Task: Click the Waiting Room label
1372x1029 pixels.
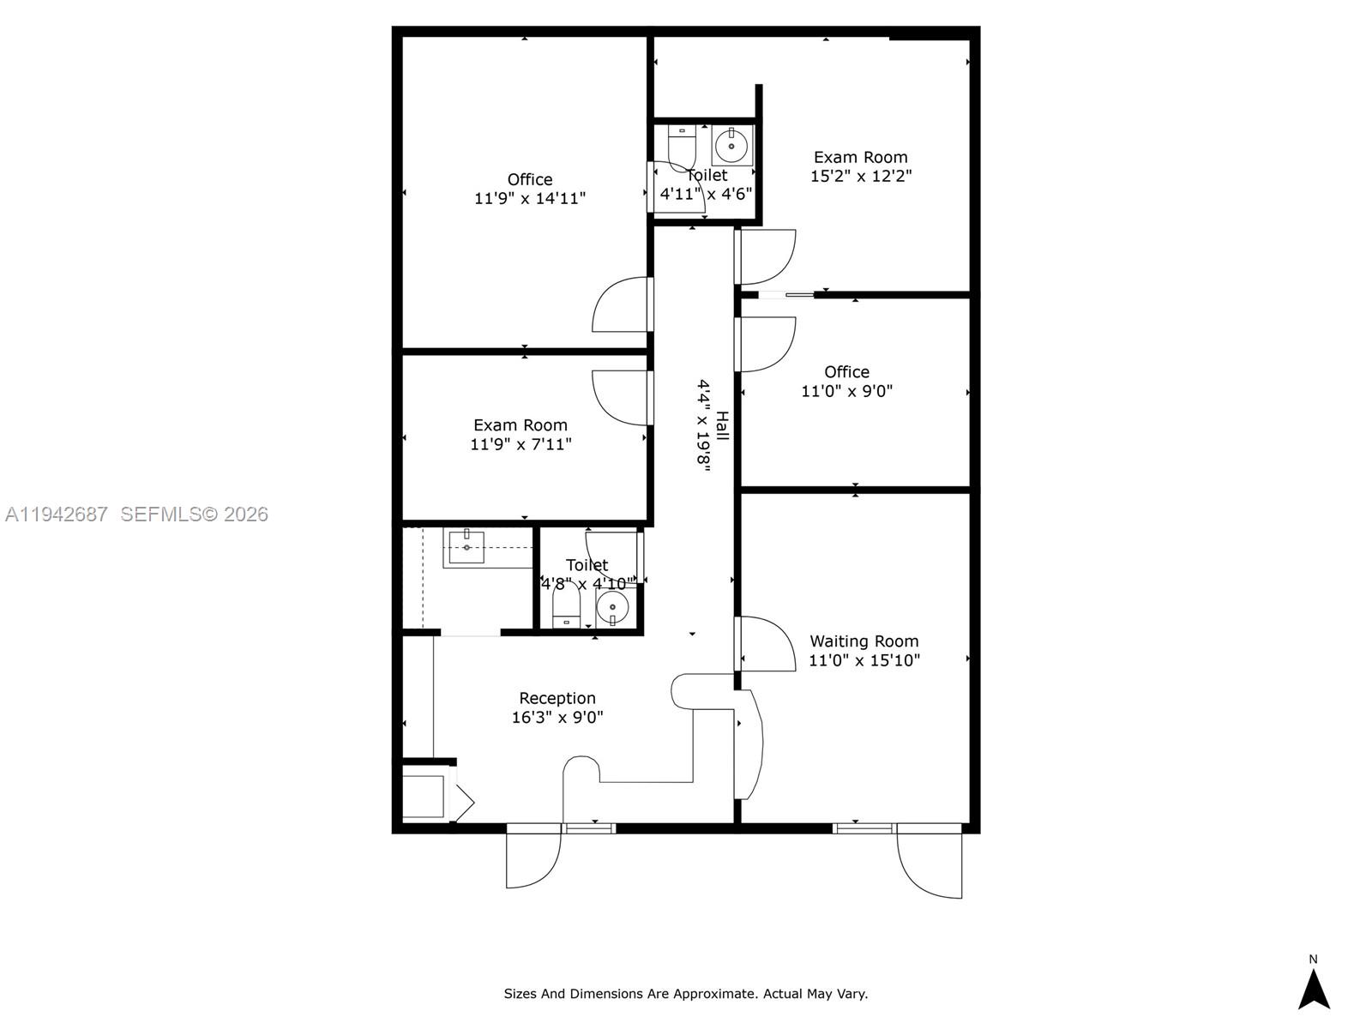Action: [864, 641]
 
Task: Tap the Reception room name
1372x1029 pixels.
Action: [557, 698]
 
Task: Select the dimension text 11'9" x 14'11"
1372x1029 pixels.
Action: [530, 198]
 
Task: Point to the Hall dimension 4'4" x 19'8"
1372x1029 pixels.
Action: [703, 424]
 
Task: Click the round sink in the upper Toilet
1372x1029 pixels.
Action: [731, 145]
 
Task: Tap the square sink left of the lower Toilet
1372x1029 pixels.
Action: [466, 547]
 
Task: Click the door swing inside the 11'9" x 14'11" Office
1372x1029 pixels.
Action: [622, 305]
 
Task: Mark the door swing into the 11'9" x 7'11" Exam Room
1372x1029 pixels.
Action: [622, 396]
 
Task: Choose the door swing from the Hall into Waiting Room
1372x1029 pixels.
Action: [767, 643]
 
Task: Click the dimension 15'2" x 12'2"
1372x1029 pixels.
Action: [861, 176]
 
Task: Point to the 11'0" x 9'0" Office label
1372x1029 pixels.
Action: [846, 372]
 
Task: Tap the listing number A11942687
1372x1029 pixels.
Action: [57, 514]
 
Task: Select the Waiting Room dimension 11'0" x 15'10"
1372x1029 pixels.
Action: [864, 660]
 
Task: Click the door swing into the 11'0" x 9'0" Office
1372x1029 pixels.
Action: [767, 344]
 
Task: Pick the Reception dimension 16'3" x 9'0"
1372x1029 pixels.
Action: [557, 718]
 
